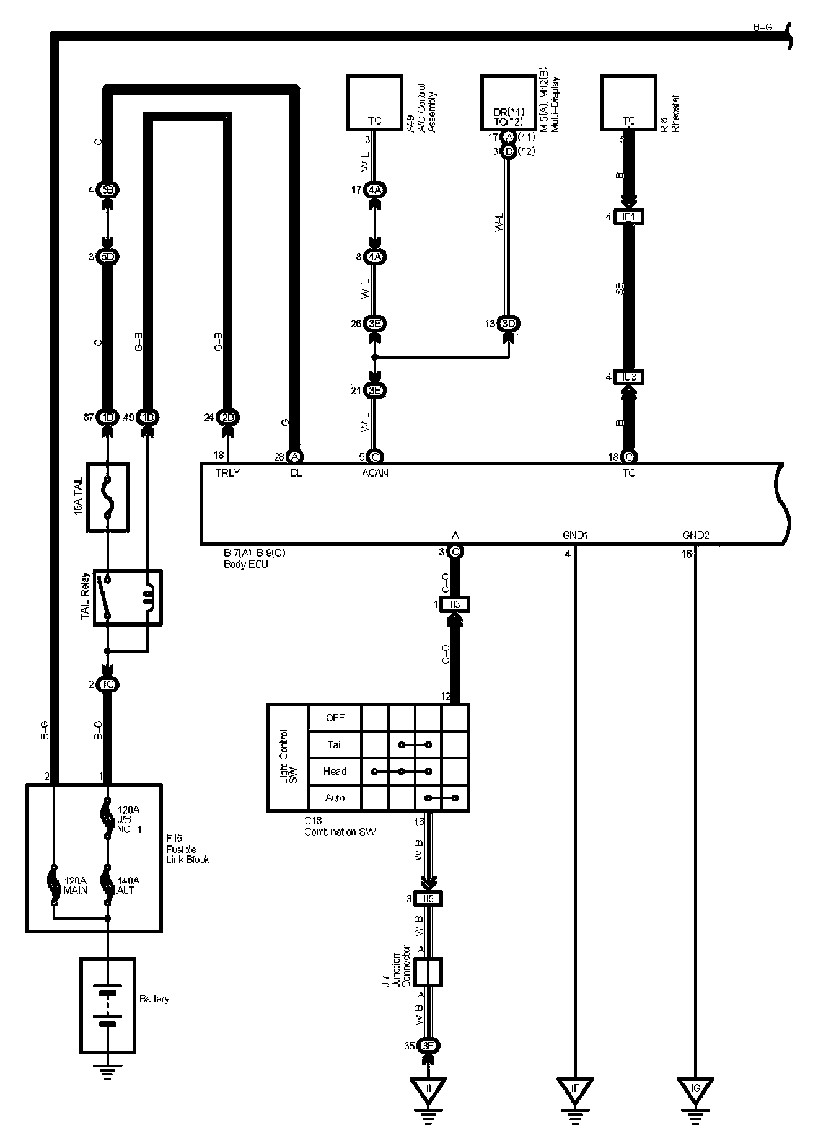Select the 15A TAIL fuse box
tap(108, 497)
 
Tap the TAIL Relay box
tap(127, 598)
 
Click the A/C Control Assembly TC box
tap(374, 103)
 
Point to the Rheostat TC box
tap(628, 103)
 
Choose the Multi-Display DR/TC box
tap(508, 103)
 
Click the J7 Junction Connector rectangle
tap(428, 972)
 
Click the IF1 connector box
tap(628, 217)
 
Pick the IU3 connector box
tap(628, 377)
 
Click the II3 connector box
tap(454, 604)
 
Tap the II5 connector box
tap(428, 899)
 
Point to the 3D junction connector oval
tap(508, 324)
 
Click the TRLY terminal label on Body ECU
tap(227, 473)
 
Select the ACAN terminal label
tap(376, 473)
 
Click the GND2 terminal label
tap(695, 535)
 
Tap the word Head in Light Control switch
tap(335, 771)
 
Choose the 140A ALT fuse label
tap(128, 885)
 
